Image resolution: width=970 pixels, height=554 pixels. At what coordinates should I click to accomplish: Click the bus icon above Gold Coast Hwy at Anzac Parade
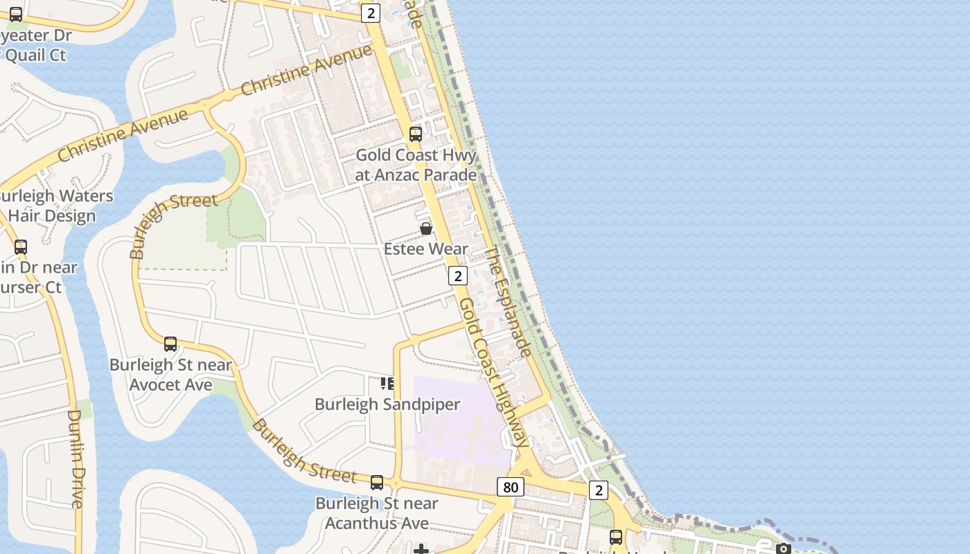(416, 134)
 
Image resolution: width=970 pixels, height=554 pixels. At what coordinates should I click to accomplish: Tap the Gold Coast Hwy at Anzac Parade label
(416, 165)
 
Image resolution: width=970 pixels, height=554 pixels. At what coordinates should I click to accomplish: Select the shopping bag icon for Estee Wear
(426, 229)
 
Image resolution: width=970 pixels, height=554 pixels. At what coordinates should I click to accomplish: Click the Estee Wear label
(426, 249)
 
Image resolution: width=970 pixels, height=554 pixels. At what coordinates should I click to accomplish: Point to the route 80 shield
(510, 487)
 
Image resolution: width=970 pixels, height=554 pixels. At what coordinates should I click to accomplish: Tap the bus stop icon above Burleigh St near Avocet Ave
(170, 343)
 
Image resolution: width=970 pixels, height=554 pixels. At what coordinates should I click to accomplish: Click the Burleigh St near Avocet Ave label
(171, 375)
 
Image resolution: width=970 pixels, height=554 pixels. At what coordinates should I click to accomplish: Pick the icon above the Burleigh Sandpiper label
(387, 384)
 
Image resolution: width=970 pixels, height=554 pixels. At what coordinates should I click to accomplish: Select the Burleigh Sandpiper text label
(387, 404)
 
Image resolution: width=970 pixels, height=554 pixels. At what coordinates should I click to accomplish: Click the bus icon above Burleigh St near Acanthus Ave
(377, 483)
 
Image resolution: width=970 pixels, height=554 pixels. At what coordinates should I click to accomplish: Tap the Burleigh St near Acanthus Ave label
(377, 513)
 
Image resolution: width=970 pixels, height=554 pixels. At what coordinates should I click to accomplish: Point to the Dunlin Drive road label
(75, 458)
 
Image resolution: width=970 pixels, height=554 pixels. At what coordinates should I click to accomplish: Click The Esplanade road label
(508, 303)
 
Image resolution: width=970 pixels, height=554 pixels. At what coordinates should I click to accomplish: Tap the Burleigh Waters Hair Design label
(54, 206)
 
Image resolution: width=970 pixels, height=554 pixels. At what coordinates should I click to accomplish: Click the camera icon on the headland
(784, 548)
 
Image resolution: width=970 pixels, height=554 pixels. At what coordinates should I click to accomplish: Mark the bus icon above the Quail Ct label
(15, 14)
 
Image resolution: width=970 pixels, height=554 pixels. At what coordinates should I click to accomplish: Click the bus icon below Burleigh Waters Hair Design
(21, 247)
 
